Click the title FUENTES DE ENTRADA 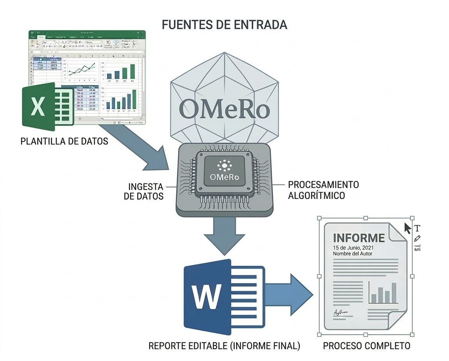224,25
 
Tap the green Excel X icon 38,106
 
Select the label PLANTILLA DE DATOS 64,141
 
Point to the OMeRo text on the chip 224,177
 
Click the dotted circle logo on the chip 224,166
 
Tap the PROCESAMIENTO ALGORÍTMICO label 323,190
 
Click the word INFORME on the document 359,238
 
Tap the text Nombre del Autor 352,254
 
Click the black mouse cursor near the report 408,228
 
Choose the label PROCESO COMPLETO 366,345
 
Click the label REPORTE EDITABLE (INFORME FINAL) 224,345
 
